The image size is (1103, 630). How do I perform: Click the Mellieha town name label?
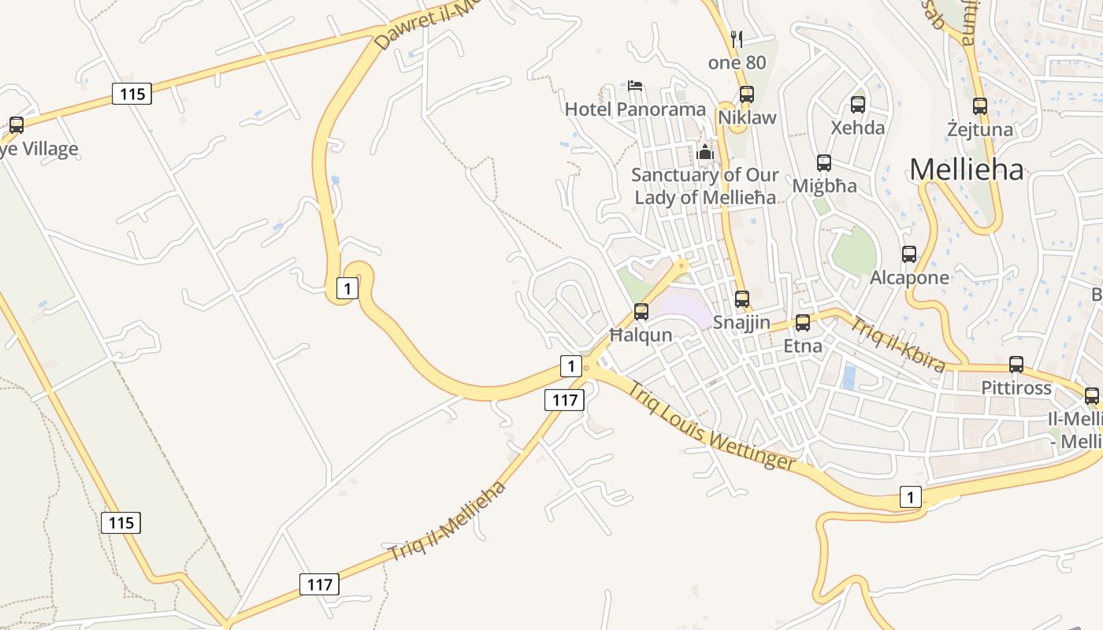click(967, 169)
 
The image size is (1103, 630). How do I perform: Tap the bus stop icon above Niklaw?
click(747, 94)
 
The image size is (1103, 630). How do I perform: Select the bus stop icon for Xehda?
click(858, 104)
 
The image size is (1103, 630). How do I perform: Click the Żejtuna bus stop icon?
click(980, 106)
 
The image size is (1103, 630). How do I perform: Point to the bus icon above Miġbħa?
click(824, 163)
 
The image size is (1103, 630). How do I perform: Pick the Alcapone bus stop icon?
click(909, 254)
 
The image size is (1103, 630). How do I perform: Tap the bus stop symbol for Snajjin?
click(742, 299)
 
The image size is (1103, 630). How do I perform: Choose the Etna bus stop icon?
click(803, 323)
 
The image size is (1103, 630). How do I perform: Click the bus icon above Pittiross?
click(1016, 365)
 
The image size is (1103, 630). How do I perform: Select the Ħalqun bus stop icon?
click(641, 312)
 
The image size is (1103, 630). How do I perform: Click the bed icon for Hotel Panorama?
click(635, 85)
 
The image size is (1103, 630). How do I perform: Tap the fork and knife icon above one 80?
click(737, 39)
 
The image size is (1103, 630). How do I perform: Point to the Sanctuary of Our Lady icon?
click(705, 151)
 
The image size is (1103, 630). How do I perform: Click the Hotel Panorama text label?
click(635, 109)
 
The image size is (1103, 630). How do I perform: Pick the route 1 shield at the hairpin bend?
click(347, 288)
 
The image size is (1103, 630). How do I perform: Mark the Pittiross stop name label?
click(1016, 387)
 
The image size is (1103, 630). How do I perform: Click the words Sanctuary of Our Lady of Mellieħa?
click(705, 186)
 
